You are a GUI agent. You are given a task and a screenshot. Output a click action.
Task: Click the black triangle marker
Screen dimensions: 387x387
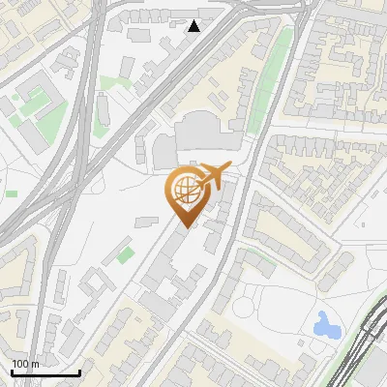(x=194, y=26)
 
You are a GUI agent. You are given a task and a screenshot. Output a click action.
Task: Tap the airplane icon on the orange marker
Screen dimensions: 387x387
(x=213, y=176)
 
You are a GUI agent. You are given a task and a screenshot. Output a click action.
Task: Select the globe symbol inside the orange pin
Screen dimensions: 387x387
(x=184, y=192)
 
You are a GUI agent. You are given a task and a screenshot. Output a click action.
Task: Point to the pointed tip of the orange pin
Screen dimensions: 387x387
(x=184, y=227)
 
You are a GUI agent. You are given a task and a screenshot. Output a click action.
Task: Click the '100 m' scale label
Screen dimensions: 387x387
(x=25, y=364)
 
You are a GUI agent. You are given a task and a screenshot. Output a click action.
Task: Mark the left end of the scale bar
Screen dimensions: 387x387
(x=12, y=372)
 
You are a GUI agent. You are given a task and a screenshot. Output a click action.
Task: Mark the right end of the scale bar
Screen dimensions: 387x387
(x=79, y=372)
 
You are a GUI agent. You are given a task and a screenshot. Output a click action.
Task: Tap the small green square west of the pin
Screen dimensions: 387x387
(x=126, y=254)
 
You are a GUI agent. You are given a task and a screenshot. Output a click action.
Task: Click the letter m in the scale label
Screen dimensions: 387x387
(x=35, y=365)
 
